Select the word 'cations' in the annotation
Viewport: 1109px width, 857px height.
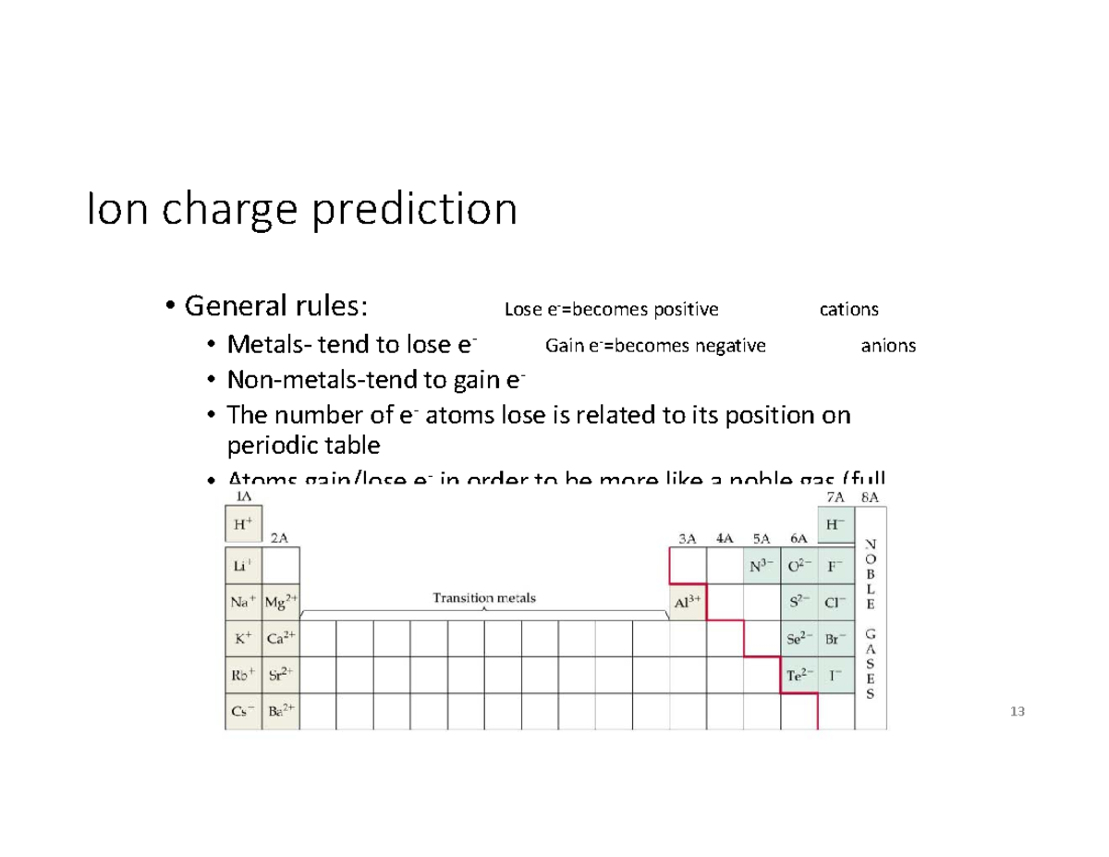[x=849, y=308]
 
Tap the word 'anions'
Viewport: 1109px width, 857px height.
[x=888, y=346]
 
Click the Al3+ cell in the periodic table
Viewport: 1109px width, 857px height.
[x=688, y=601]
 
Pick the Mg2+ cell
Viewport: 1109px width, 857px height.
[x=280, y=601]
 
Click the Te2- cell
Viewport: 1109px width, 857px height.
[x=798, y=675]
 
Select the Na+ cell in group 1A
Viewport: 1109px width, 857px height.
[x=243, y=601]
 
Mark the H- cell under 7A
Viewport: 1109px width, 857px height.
[x=835, y=523]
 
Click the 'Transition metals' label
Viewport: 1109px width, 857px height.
[x=484, y=597]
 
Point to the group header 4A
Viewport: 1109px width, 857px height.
[x=725, y=537]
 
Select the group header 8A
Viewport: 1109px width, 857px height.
[x=870, y=496]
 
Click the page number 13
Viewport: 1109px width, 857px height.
[x=1018, y=712]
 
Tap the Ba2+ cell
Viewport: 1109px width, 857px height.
[x=280, y=712]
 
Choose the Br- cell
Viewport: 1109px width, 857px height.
[x=835, y=638]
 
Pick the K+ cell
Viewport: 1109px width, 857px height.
[x=243, y=638]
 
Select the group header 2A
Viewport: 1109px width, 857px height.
[x=280, y=537]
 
